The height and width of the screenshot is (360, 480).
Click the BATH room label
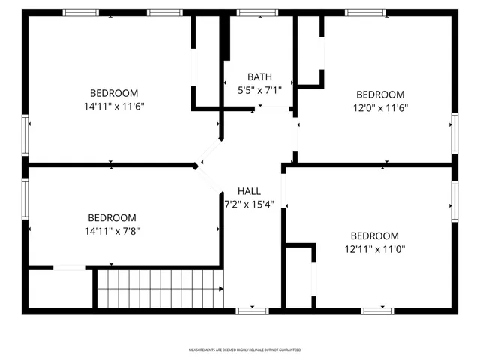pyautogui.click(x=259, y=76)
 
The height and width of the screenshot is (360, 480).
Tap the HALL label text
pyautogui.click(x=249, y=191)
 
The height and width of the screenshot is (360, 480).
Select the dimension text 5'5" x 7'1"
pyautogui.click(x=259, y=89)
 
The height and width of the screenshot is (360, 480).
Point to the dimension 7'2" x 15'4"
pyautogui.click(x=249, y=204)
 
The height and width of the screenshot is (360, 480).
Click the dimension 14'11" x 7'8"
pyautogui.click(x=112, y=231)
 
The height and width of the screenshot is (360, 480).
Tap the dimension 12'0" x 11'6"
pyautogui.click(x=380, y=107)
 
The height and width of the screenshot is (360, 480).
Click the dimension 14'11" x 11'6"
pyautogui.click(x=114, y=106)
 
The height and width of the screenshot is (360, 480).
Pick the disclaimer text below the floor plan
pyautogui.click(x=244, y=350)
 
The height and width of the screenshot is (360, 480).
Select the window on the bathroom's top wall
pyautogui.click(x=257, y=13)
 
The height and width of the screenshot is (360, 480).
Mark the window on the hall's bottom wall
pyautogui.click(x=253, y=310)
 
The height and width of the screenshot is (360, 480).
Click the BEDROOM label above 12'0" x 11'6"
pyautogui.click(x=380, y=94)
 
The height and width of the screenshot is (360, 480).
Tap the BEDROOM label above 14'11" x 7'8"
pyautogui.click(x=112, y=218)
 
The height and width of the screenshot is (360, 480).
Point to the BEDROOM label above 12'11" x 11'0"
pyautogui.click(x=375, y=235)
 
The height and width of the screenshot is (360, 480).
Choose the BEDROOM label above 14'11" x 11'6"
pyautogui.click(x=114, y=94)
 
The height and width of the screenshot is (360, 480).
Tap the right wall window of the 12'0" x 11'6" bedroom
pyautogui.click(x=454, y=133)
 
